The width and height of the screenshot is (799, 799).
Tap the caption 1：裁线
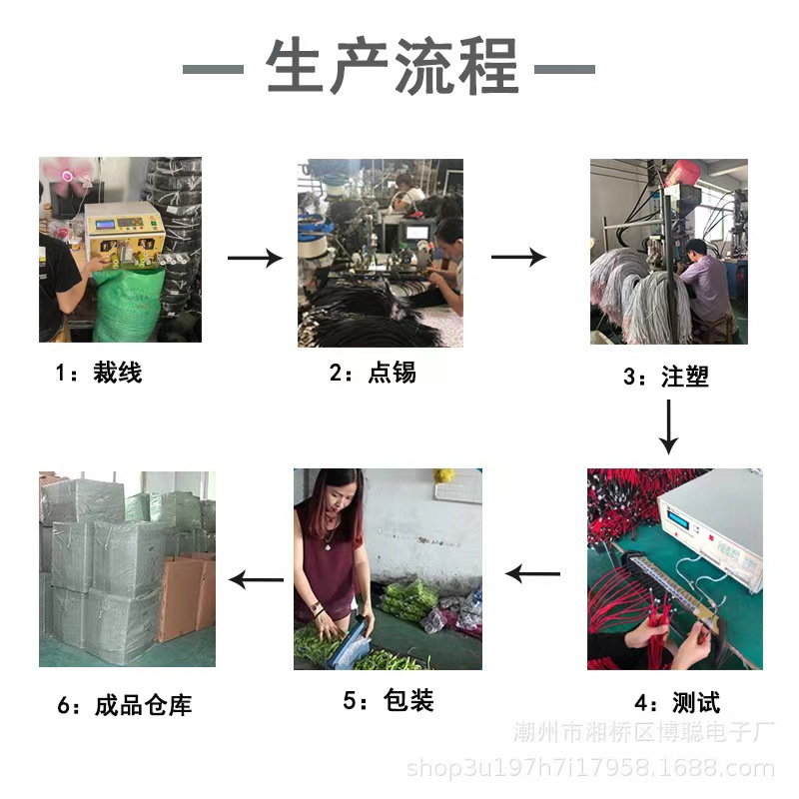pyautogui.click(x=99, y=374)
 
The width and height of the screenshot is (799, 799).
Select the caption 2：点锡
pyautogui.click(x=373, y=374)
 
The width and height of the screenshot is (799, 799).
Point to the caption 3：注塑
pyautogui.click(x=666, y=377)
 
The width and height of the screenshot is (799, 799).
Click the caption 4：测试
pyautogui.click(x=676, y=702)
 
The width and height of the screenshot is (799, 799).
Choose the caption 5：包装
pyautogui.click(x=389, y=700)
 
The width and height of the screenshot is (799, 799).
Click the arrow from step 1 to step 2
pyautogui.click(x=255, y=259)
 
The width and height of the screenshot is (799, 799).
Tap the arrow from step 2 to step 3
pyautogui.click(x=518, y=258)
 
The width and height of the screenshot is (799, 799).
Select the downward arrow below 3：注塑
pyautogui.click(x=670, y=425)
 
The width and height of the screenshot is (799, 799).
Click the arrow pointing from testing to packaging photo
pyautogui.click(x=533, y=574)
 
